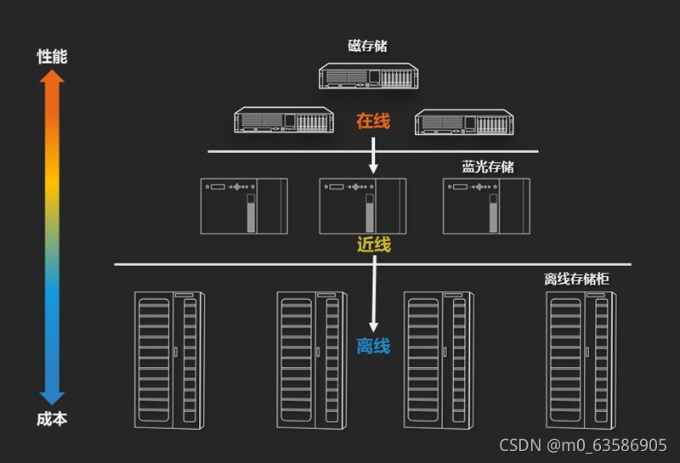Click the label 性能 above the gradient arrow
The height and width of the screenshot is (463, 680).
pos(52,57)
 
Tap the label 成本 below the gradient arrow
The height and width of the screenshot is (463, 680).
pos(52,419)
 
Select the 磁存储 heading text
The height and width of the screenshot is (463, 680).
pos(367,46)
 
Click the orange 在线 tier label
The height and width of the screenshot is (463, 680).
pos(373,121)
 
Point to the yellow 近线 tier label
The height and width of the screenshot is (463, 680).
pos(374,246)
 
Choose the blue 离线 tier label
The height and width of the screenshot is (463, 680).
pos(373,346)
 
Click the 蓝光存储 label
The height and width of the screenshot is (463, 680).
pos(488,167)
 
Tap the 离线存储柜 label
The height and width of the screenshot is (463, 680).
pos(576,279)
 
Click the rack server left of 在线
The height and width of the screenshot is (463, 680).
pos(284,120)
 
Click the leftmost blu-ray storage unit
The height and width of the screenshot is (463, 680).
pos(243,206)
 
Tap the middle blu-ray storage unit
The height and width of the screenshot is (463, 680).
pos(363,206)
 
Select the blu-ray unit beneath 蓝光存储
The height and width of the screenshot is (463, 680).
pos(486,206)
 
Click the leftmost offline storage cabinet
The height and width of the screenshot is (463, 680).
pos(170,359)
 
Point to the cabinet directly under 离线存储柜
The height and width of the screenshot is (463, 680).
pos(581,359)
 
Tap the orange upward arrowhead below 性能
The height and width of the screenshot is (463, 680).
pos(52,79)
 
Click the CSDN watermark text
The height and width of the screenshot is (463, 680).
pos(582,445)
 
